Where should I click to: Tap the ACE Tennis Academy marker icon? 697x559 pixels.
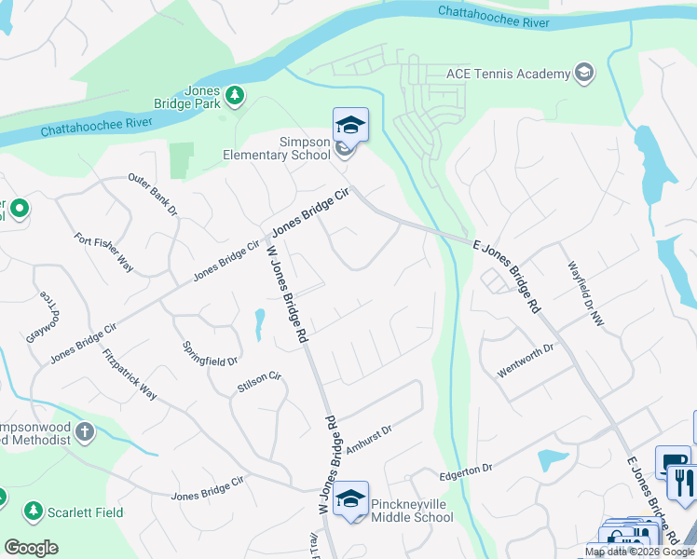pyautogui.click(x=584, y=74)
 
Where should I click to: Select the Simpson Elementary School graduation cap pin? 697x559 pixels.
pyautogui.click(x=350, y=125)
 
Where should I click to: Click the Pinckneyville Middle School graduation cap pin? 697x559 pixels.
pyautogui.click(x=350, y=498)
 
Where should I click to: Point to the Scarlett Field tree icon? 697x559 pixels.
pyautogui.click(x=34, y=511)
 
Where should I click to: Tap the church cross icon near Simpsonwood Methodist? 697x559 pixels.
pyautogui.click(x=85, y=431)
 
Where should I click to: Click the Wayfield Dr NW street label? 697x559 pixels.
pyautogui.click(x=583, y=292)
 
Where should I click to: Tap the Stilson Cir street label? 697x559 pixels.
pyautogui.click(x=259, y=380)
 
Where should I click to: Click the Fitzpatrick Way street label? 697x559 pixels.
pyautogui.click(x=130, y=374)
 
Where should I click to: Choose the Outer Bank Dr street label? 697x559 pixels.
pyautogui.click(x=152, y=194)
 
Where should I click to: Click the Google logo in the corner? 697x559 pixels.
pyautogui.click(x=31, y=548)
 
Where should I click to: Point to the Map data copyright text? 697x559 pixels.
pyautogui.click(x=639, y=552)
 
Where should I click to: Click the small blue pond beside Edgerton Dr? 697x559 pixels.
pyautogui.click(x=552, y=460)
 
